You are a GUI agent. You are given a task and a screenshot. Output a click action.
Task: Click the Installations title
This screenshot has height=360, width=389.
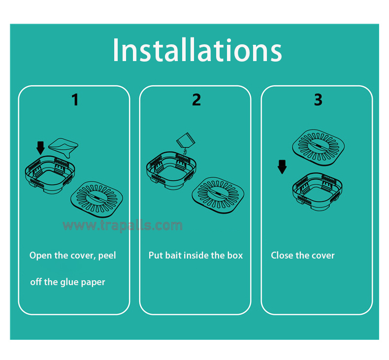pyautogui.click(x=197, y=51)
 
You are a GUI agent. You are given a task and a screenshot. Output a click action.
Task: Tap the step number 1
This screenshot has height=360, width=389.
pyautogui.click(x=75, y=100)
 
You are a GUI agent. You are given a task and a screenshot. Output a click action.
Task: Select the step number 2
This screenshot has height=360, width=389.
pyautogui.click(x=196, y=100)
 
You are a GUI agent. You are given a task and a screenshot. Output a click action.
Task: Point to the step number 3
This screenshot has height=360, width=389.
pyautogui.click(x=318, y=100)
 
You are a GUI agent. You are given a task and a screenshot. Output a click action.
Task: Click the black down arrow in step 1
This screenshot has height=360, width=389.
pyautogui.click(x=40, y=147)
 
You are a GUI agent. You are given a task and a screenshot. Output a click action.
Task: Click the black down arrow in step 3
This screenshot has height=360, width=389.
pyautogui.click(x=282, y=166)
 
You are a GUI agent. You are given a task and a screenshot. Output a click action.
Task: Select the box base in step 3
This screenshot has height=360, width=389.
pyautogui.click(x=318, y=190)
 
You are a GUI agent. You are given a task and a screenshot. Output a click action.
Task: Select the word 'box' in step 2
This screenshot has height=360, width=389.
pyautogui.click(x=234, y=256)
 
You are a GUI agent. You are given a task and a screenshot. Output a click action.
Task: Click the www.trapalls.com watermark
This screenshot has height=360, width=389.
pyautogui.click(x=122, y=226)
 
